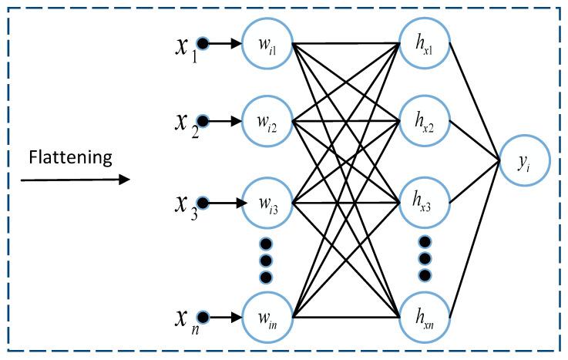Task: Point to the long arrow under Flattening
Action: (x=76, y=181)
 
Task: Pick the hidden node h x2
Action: (x=425, y=121)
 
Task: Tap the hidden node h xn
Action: (x=425, y=316)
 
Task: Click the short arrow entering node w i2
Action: (x=224, y=121)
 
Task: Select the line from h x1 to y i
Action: (x=474, y=100)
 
